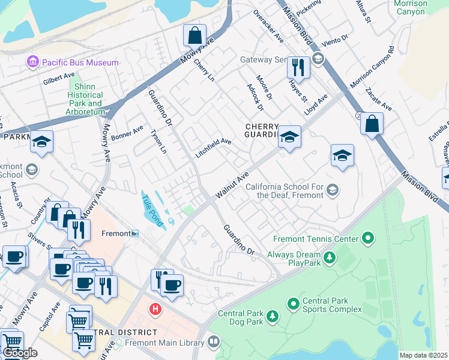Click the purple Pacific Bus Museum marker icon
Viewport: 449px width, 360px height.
32,62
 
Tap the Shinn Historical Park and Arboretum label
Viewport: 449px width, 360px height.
85,100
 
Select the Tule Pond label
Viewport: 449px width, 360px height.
152,211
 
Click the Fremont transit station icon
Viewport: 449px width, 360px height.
135,233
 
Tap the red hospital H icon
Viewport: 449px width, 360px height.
155,309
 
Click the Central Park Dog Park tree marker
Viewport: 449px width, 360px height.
272,315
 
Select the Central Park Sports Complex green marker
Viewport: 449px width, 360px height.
294,304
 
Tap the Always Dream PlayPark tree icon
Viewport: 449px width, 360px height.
329,258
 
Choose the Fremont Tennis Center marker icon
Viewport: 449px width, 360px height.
368,239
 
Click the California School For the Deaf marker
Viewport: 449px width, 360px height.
331,191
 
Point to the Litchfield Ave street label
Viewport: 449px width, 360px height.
213,148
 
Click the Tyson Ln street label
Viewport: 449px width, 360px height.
158,141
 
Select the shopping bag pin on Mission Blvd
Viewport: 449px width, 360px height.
372,124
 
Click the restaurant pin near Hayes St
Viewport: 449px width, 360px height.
298,67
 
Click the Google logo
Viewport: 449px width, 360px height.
20,353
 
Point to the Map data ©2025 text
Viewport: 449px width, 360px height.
423,355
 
